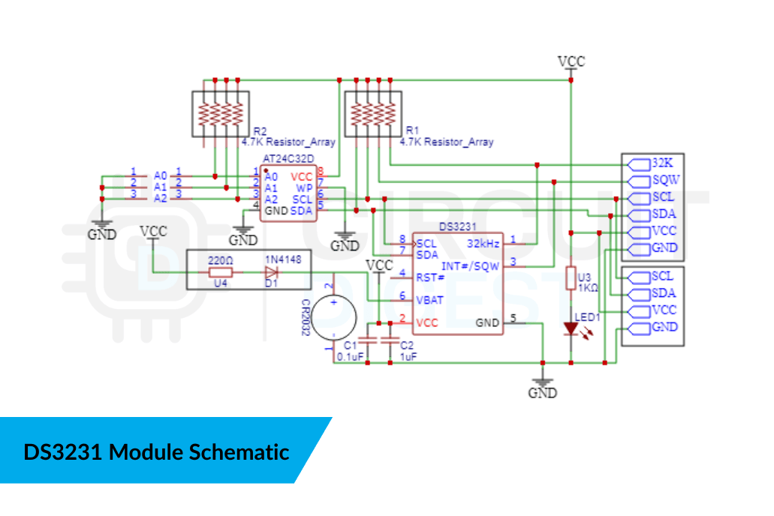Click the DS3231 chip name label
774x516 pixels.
tap(458, 226)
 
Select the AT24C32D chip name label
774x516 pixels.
tap(289, 160)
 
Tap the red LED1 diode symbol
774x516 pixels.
tap(571, 328)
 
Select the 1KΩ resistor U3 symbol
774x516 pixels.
tap(571, 277)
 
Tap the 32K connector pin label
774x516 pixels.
tap(662, 163)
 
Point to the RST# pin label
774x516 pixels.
tap(430, 277)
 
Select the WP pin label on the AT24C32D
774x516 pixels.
tap(303, 187)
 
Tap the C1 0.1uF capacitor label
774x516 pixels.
tap(351, 350)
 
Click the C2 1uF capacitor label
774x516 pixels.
tap(407, 350)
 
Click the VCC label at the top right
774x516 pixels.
tap(571, 61)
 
